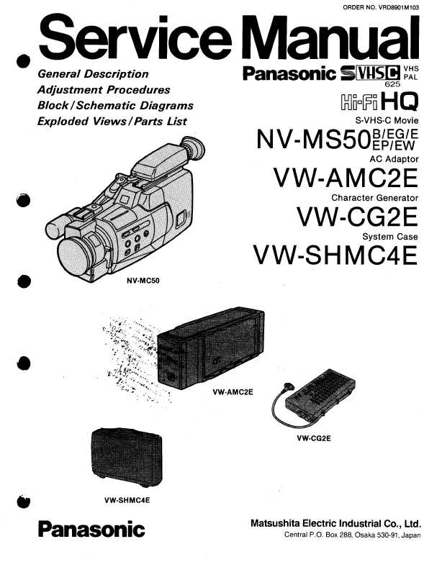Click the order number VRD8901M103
397,6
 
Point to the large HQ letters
400,101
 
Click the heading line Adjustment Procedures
104,90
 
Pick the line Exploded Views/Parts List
112,122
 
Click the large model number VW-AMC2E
346,178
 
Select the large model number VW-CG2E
357,217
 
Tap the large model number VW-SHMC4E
336,255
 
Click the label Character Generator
374,198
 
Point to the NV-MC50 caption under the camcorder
143,281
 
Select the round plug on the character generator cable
288,387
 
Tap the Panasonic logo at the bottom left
91,530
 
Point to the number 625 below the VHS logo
392,84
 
